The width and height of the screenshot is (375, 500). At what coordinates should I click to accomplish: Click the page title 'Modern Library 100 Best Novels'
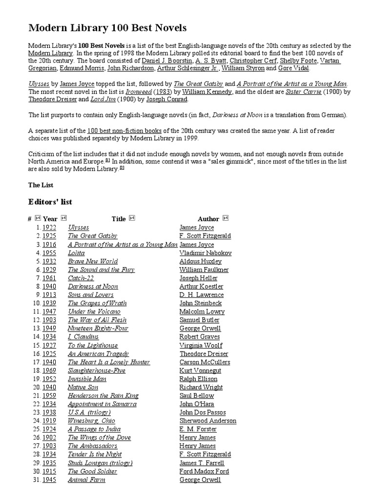click(x=107, y=28)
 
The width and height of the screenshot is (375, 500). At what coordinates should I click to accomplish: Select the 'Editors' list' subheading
click(x=50, y=201)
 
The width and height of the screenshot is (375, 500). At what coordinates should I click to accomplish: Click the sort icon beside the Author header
click(x=225, y=218)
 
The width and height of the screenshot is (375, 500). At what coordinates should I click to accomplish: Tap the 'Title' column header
click(x=119, y=219)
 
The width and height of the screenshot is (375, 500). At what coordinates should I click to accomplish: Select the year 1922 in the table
click(x=49, y=228)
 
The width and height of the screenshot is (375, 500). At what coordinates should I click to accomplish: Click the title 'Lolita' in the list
click(x=76, y=253)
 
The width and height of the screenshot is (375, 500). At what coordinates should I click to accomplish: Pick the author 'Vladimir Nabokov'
click(x=205, y=253)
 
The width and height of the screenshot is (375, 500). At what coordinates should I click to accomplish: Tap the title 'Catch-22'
click(x=81, y=278)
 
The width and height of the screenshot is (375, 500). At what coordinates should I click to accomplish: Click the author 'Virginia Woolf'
click(x=201, y=345)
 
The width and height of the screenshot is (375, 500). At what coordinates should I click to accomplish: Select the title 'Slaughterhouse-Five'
click(x=96, y=371)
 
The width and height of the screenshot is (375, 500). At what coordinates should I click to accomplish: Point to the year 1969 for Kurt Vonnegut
click(x=49, y=371)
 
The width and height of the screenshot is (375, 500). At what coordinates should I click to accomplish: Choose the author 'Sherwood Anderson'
click(x=208, y=421)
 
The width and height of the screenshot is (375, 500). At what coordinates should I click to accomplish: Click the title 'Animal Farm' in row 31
click(x=86, y=479)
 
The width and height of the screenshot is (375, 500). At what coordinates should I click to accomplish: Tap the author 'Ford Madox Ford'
click(x=204, y=471)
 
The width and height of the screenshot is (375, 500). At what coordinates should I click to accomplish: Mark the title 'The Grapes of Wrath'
click(x=97, y=303)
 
